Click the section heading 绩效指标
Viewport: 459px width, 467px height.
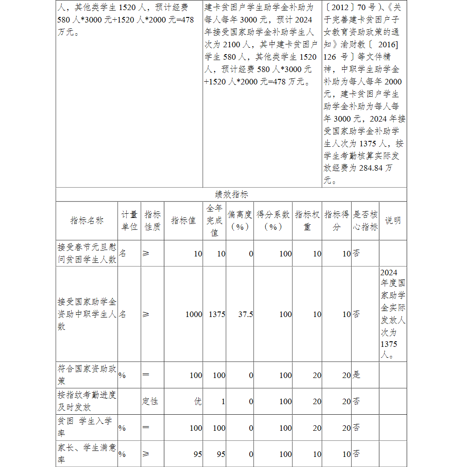pyautogui.click(x=231, y=195)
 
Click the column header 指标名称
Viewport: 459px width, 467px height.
pyautogui.click(x=87, y=221)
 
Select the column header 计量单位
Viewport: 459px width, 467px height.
pyautogui.click(x=129, y=221)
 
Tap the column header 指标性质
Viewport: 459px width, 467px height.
pyautogui.click(x=152, y=221)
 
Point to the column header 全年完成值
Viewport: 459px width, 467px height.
pyautogui.click(x=214, y=221)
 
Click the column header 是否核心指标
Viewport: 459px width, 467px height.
pyautogui.click(x=365, y=221)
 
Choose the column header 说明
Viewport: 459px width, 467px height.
pyautogui.click(x=392, y=221)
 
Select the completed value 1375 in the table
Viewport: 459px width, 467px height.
pyautogui.click(x=217, y=314)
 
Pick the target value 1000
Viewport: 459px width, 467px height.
pyautogui.click(x=194, y=314)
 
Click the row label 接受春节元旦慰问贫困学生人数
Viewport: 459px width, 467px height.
pyautogui.click(x=87, y=253)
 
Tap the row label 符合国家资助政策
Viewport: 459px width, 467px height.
pyautogui.click(x=87, y=375)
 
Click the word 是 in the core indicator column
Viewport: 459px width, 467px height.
pyautogui.click(x=356, y=375)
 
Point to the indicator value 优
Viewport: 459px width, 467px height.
pyautogui.click(x=198, y=401)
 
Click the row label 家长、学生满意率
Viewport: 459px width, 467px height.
pyautogui.click(x=87, y=454)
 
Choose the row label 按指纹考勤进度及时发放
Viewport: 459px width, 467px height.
pyautogui.click(x=87, y=401)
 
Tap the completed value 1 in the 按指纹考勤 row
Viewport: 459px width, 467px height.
pyautogui.click(x=223, y=401)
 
